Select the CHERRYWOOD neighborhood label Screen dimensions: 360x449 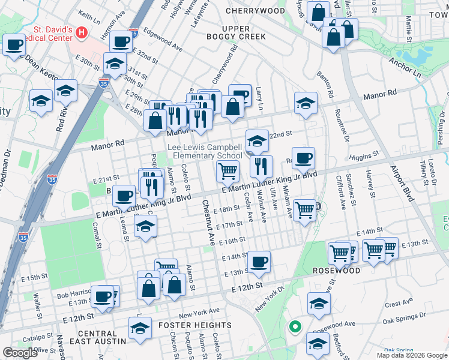(255, 11)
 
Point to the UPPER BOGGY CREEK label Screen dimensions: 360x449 (243, 33)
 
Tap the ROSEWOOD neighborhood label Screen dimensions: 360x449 (336, 271)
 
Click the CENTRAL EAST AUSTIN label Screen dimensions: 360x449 (101, 337)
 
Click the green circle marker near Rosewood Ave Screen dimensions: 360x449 (294, 327)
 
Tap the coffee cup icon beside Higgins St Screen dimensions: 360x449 (303, 158)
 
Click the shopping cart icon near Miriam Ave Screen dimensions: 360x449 (305, 210)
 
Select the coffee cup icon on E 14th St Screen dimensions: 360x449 (259, 261)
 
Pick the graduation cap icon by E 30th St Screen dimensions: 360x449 (114, 63)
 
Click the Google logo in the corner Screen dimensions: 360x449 (20, 353)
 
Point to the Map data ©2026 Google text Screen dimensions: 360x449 (412, 355)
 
